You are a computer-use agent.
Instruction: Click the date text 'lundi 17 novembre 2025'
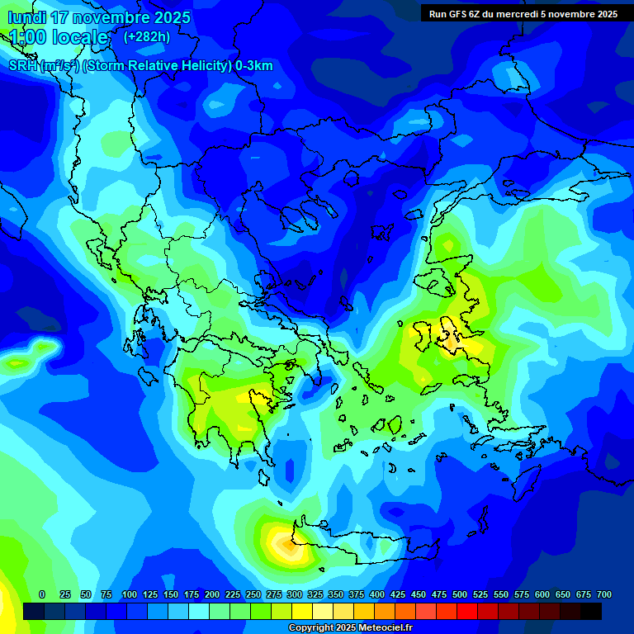pos(99,17)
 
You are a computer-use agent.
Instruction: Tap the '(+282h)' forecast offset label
pos(146,36)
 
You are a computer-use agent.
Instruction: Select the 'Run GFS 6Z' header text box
pos(523,13)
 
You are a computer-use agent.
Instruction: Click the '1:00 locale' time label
pos(59,37)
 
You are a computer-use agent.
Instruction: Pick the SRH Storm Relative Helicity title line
pos(140,66)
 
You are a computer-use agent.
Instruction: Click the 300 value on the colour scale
pos(295,594)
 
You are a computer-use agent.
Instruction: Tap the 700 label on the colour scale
pos(603,594)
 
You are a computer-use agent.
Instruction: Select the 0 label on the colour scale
pos(42,594)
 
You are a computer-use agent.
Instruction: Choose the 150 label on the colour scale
pos(171,594)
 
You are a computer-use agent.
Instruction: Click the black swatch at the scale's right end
pos(591,611)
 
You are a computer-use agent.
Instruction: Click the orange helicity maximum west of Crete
pos(284,545)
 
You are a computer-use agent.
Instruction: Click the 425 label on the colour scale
pos(398,594)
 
